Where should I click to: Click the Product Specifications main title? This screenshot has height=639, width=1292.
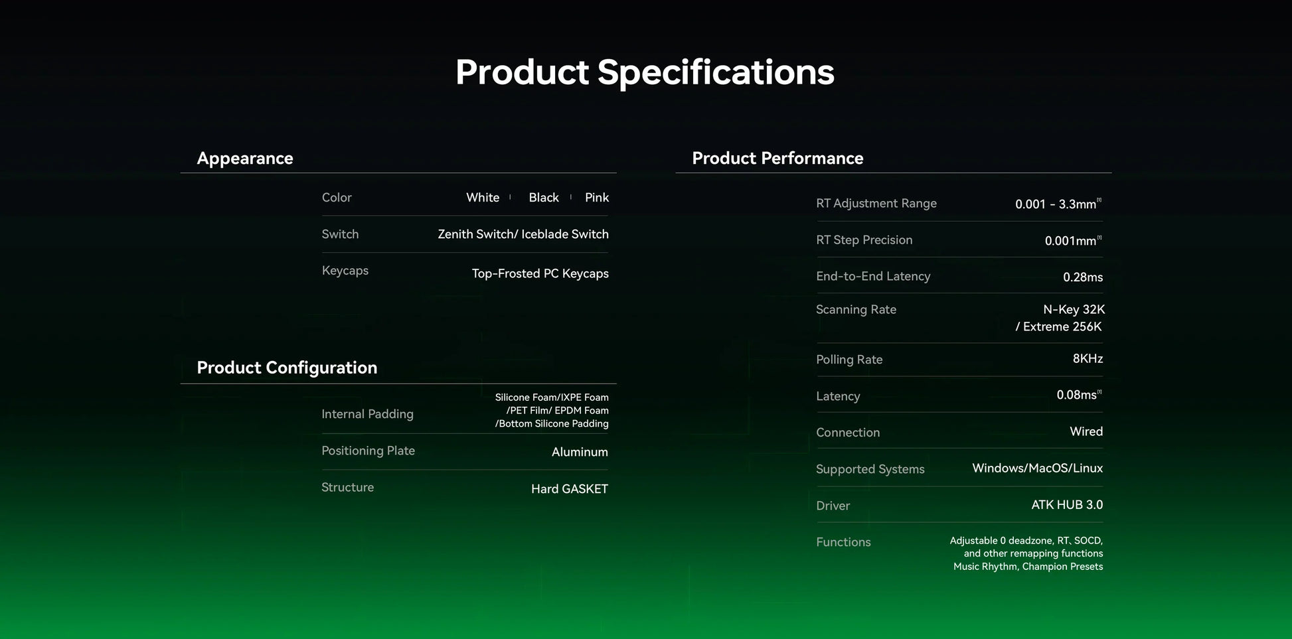click(645, 72)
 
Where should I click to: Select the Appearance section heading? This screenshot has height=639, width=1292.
click(245, 159)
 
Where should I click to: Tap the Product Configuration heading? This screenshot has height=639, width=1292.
click(287, 368)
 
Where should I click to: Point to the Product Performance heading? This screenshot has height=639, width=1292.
click(777, 158)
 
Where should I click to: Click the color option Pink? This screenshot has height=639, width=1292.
click(597, 198)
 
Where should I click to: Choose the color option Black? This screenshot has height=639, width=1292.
click(544, 198)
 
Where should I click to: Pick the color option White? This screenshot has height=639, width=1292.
click(483, 198)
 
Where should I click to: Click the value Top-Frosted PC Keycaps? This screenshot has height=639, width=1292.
click(540, 273)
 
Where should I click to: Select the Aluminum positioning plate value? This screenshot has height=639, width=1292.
click(580, 452)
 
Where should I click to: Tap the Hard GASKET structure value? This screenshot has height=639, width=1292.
click(570, 489)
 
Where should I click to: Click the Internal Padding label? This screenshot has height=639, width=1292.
click(367, 414)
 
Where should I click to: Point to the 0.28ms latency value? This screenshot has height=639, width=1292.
click(1083, 277)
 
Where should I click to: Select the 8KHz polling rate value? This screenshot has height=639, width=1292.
click(1088, 359)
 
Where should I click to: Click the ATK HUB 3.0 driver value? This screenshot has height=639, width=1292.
click(1067, 505)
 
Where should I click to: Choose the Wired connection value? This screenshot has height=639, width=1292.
click(1086, 432)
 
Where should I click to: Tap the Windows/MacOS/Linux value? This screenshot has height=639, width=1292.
click(1038, 468)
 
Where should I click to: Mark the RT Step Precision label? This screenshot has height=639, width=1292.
click(864, 240)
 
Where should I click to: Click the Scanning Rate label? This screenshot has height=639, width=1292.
click(856, 310)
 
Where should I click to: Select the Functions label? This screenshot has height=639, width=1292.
click(843, 542)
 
